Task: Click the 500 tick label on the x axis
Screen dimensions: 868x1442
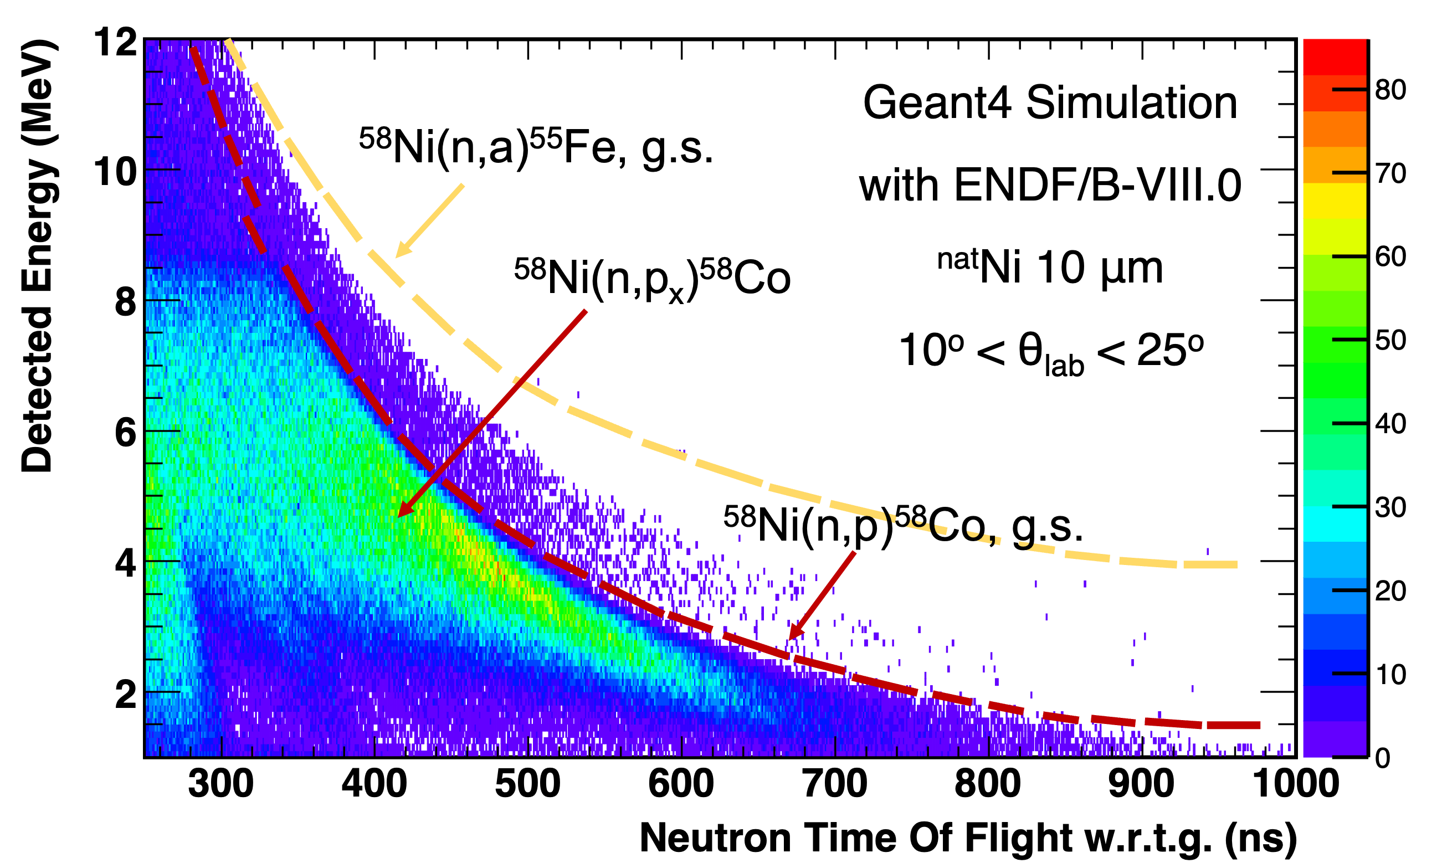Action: pyautogui.click(x=527, y=784)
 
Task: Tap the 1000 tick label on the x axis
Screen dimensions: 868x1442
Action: pyautogui.click(x=1295, y=784)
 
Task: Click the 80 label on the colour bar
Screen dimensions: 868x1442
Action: pyautogui.click(x=1390, y=90)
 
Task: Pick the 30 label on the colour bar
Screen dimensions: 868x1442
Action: pyautogui.click(x=1390, y=507)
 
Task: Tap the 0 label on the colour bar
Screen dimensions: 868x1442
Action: pyautogui.click(x=1382, y=758)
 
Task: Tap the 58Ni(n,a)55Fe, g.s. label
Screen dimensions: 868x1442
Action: pyautogui.click(x=536, y=147)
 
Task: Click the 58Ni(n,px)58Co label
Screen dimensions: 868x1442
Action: pyautogui.click(x=652, y=279)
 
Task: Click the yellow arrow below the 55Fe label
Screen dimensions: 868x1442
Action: pyautogui.click(x=430, y=220)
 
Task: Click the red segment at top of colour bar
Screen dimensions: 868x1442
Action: pyautogui.click(x=1335, y=56)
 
